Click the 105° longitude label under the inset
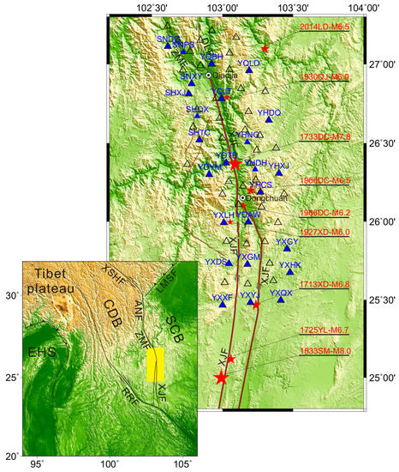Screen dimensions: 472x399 182,464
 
